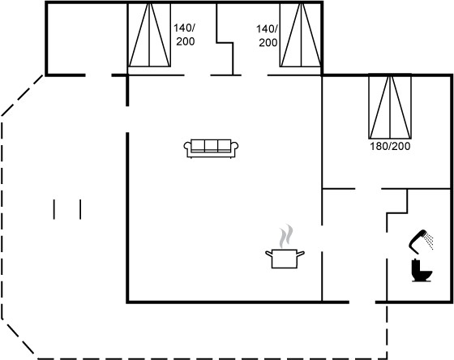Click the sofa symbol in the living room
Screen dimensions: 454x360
coord(211,148)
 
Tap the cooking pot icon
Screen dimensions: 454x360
coord(285,259)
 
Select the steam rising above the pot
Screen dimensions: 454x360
coord(286,236)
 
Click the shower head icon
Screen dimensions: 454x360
coord(418,240)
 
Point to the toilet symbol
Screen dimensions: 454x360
coord(422,271)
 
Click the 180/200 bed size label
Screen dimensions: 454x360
coord(390,146)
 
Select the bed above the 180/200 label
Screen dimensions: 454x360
coord(390,106)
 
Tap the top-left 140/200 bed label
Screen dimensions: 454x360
coord(185,35)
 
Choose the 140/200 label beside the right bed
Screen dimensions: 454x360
coord(268,36)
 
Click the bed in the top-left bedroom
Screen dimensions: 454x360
coord(149,35)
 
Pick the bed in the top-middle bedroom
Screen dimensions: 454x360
coord(301,35)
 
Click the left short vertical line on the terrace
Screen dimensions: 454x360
coord(54,209)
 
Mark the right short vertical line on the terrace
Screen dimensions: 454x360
coord(80,209)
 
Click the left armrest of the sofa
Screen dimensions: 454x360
coord(187,147)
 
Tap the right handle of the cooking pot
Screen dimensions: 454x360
coord(301,254)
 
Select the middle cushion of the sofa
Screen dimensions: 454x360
coord(211,145)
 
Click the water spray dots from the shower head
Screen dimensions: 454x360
coord(429,241)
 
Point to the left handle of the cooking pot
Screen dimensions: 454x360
coord(269,254)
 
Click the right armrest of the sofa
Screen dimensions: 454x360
coord(234,147)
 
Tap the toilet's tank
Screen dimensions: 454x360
coord(416,266)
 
